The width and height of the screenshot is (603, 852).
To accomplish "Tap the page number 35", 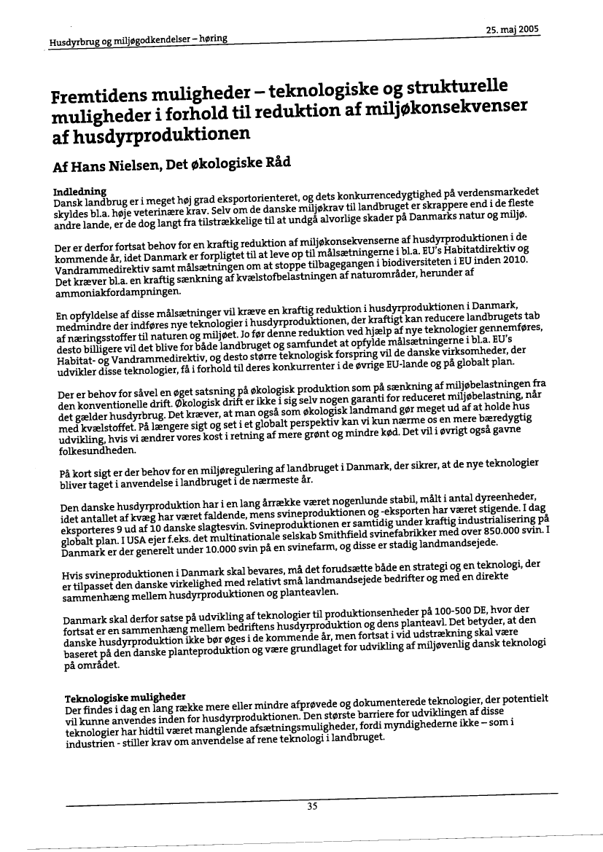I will pos(312,805).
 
